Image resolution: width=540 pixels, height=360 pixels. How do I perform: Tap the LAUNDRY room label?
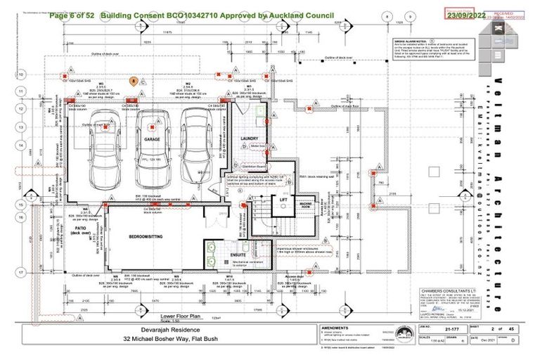tap(251, 139)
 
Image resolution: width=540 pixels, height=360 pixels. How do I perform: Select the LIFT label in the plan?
tap(285, 200)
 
